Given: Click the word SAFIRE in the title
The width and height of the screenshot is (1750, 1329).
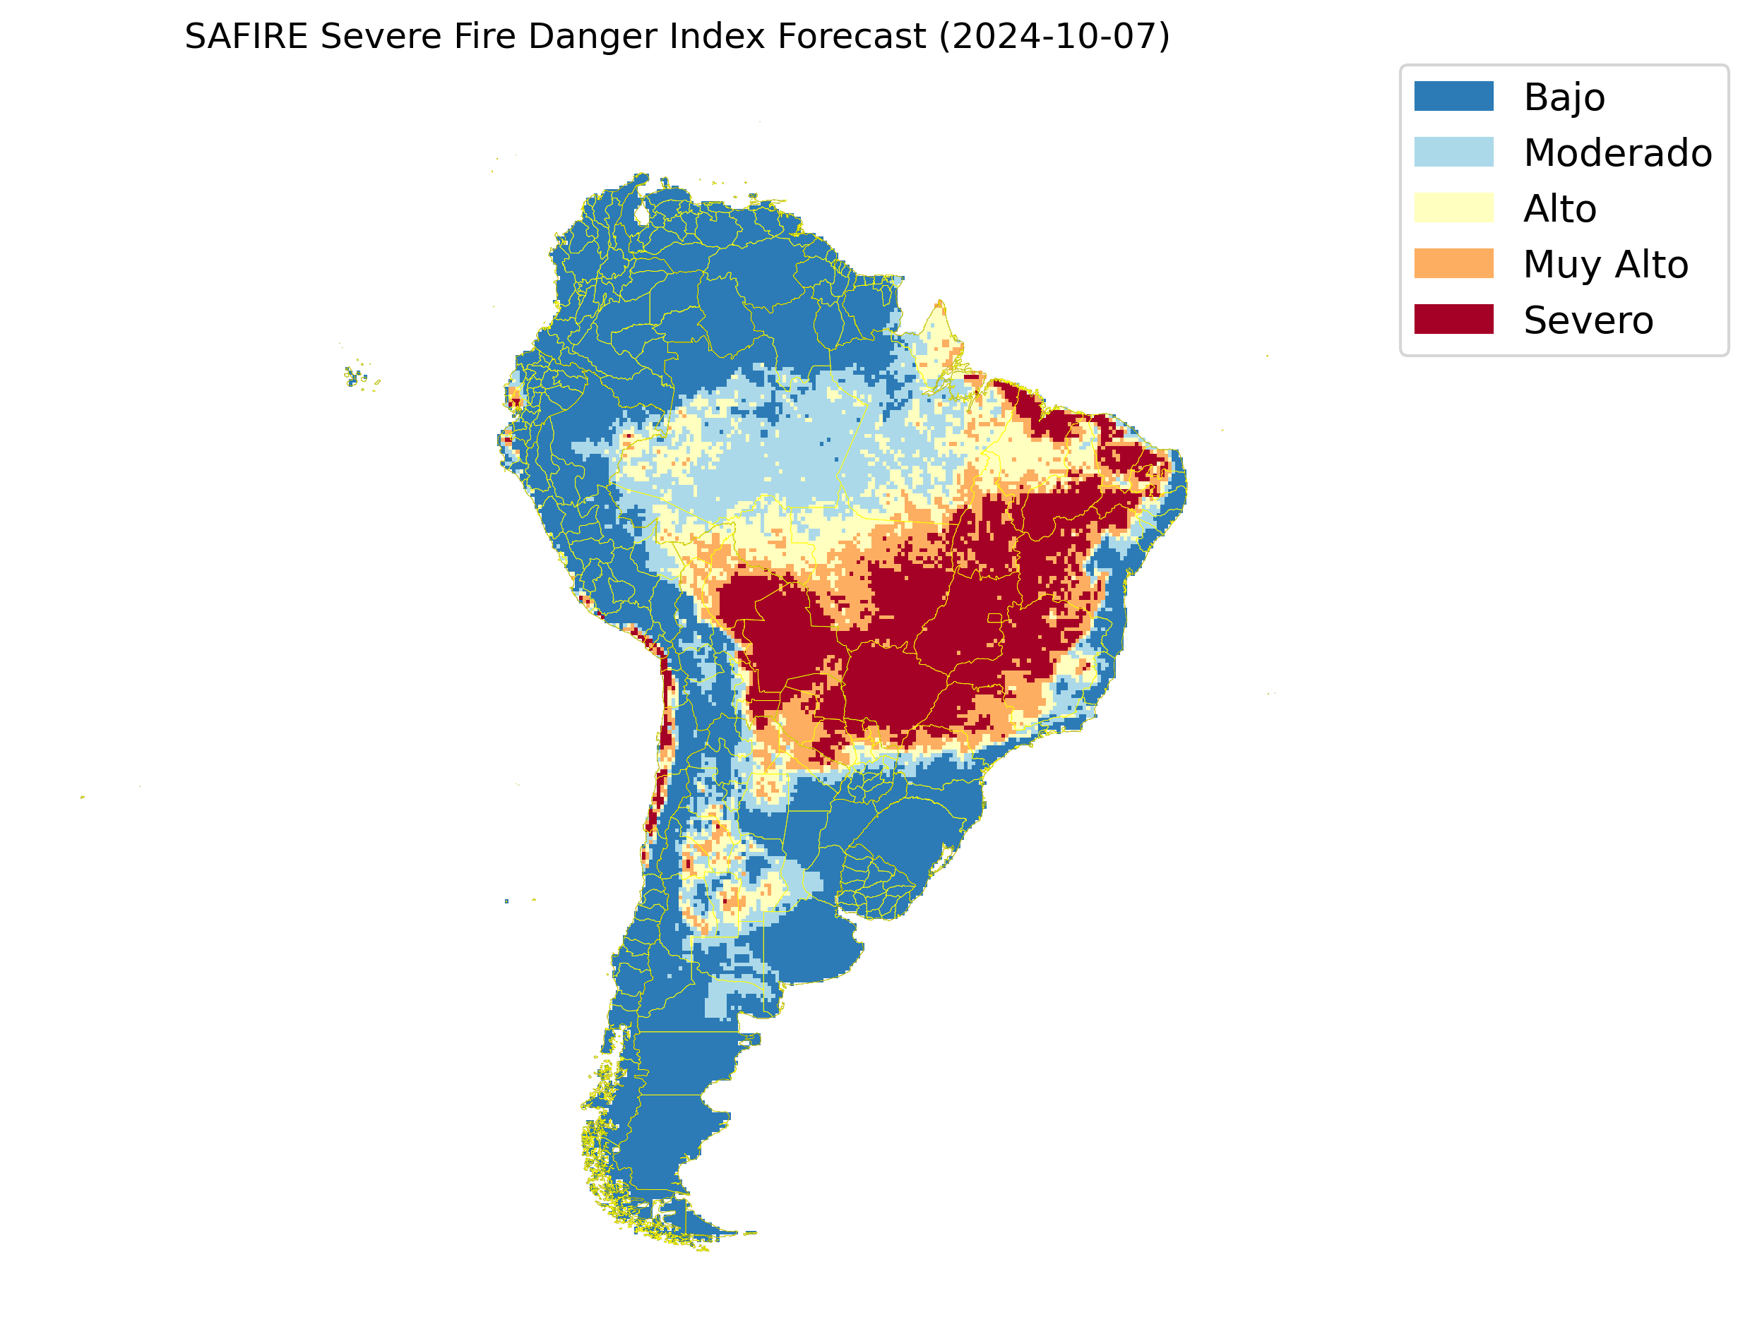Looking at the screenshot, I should [245, 37].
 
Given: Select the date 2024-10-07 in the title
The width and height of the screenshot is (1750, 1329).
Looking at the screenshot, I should [1054, 37].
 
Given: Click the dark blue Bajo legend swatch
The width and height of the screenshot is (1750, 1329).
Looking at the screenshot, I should [1453, 97].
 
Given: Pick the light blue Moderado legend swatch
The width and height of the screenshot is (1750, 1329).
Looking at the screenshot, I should [1453, 152].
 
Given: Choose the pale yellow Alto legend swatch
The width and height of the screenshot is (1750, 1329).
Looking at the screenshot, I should [1453, 208].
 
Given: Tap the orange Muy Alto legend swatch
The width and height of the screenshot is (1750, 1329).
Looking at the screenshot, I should [1453, 263].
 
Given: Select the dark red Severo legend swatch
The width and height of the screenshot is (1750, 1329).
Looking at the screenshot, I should [1453, 320].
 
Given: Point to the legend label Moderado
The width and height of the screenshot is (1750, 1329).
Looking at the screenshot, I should [1617, 152].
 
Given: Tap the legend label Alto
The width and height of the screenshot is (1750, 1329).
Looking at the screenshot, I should [1559, 209].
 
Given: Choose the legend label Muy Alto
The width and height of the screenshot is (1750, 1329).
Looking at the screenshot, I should [1605, 264].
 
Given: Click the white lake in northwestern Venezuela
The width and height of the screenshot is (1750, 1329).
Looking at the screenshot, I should [642, 215].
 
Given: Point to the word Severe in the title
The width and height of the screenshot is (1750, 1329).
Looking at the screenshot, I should [380, 37].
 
